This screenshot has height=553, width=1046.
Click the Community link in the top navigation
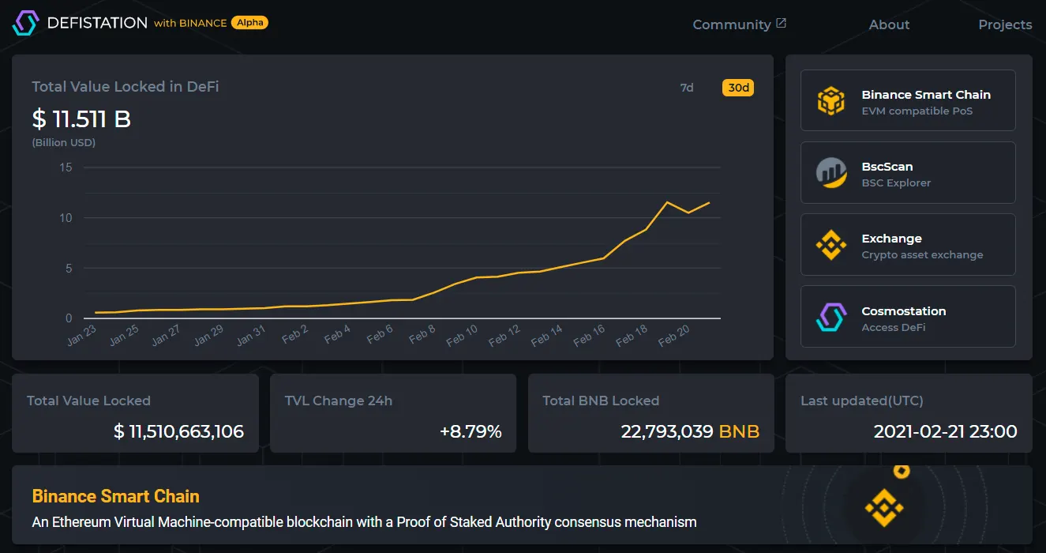pos(732,24)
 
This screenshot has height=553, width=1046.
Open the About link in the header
pos(889,24)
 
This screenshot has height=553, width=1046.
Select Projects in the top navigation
pos(1005,24)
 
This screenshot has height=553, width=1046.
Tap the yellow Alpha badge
pos(249,23)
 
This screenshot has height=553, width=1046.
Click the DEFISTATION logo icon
pos(25,23)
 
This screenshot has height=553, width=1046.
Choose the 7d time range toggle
pos(687,88)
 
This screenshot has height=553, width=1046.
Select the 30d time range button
pos(738,88)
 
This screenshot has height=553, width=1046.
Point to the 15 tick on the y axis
pos(66,167)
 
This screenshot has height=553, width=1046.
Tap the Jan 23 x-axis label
pos(81,336)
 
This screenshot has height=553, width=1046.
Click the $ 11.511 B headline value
pos(81,119)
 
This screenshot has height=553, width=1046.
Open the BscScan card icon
pos(830,173)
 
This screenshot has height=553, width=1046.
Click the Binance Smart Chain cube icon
pos(830,101)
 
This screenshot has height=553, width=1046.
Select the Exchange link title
pos(891,239)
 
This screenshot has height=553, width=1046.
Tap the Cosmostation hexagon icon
pos(830,317)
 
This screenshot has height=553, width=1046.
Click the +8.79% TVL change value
pos(471,431)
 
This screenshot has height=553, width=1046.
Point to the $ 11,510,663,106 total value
pos(178,431)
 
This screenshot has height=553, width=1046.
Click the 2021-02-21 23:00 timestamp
pos(945,431)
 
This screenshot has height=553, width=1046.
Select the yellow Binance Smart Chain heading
pos(115,496)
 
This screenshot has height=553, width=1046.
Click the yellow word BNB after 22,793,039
pos(739,431)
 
